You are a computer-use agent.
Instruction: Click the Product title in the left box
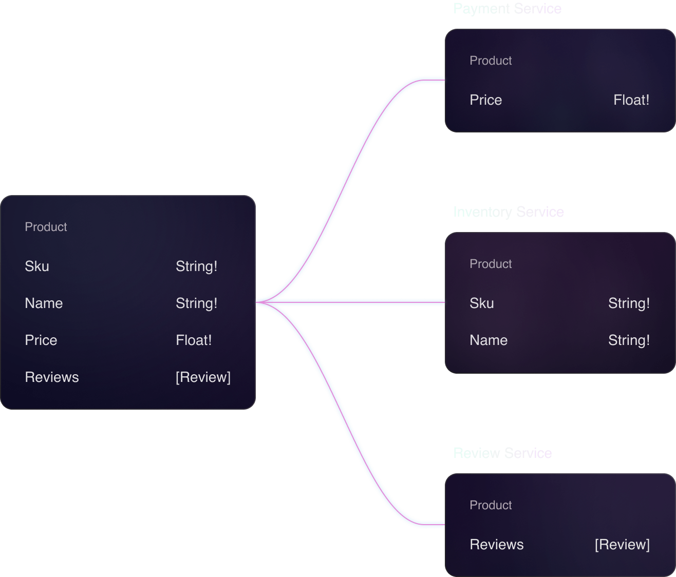(46, 227)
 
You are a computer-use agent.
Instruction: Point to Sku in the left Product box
(37, 266)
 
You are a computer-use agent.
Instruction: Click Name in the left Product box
(44, 303)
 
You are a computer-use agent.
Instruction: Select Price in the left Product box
(41, 340)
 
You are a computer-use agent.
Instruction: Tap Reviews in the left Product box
(52, 377)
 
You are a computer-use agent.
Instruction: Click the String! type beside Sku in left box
(196, 266)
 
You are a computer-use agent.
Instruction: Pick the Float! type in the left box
(194, 340)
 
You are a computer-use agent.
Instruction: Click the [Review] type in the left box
(203, 377)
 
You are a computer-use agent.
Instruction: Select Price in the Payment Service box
(485, 100)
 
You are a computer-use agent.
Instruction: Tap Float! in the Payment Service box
(631, 100)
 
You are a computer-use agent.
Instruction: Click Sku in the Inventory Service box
(481, 303)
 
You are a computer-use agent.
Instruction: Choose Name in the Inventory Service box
(489, 340)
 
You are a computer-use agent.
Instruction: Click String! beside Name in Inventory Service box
(629, 340)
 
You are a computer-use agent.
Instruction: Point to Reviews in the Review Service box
(497, 545)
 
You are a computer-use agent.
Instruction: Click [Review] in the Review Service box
(622, 545)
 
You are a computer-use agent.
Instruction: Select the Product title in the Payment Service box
(491, 61)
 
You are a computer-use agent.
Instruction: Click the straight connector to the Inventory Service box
(360, 302)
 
